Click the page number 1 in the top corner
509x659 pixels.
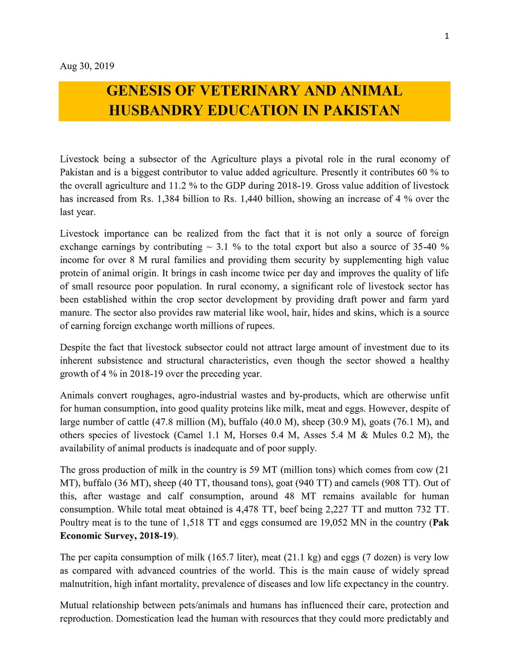point(446,36)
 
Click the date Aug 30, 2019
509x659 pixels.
point(87,66)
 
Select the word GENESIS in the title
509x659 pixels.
point(134,91)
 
